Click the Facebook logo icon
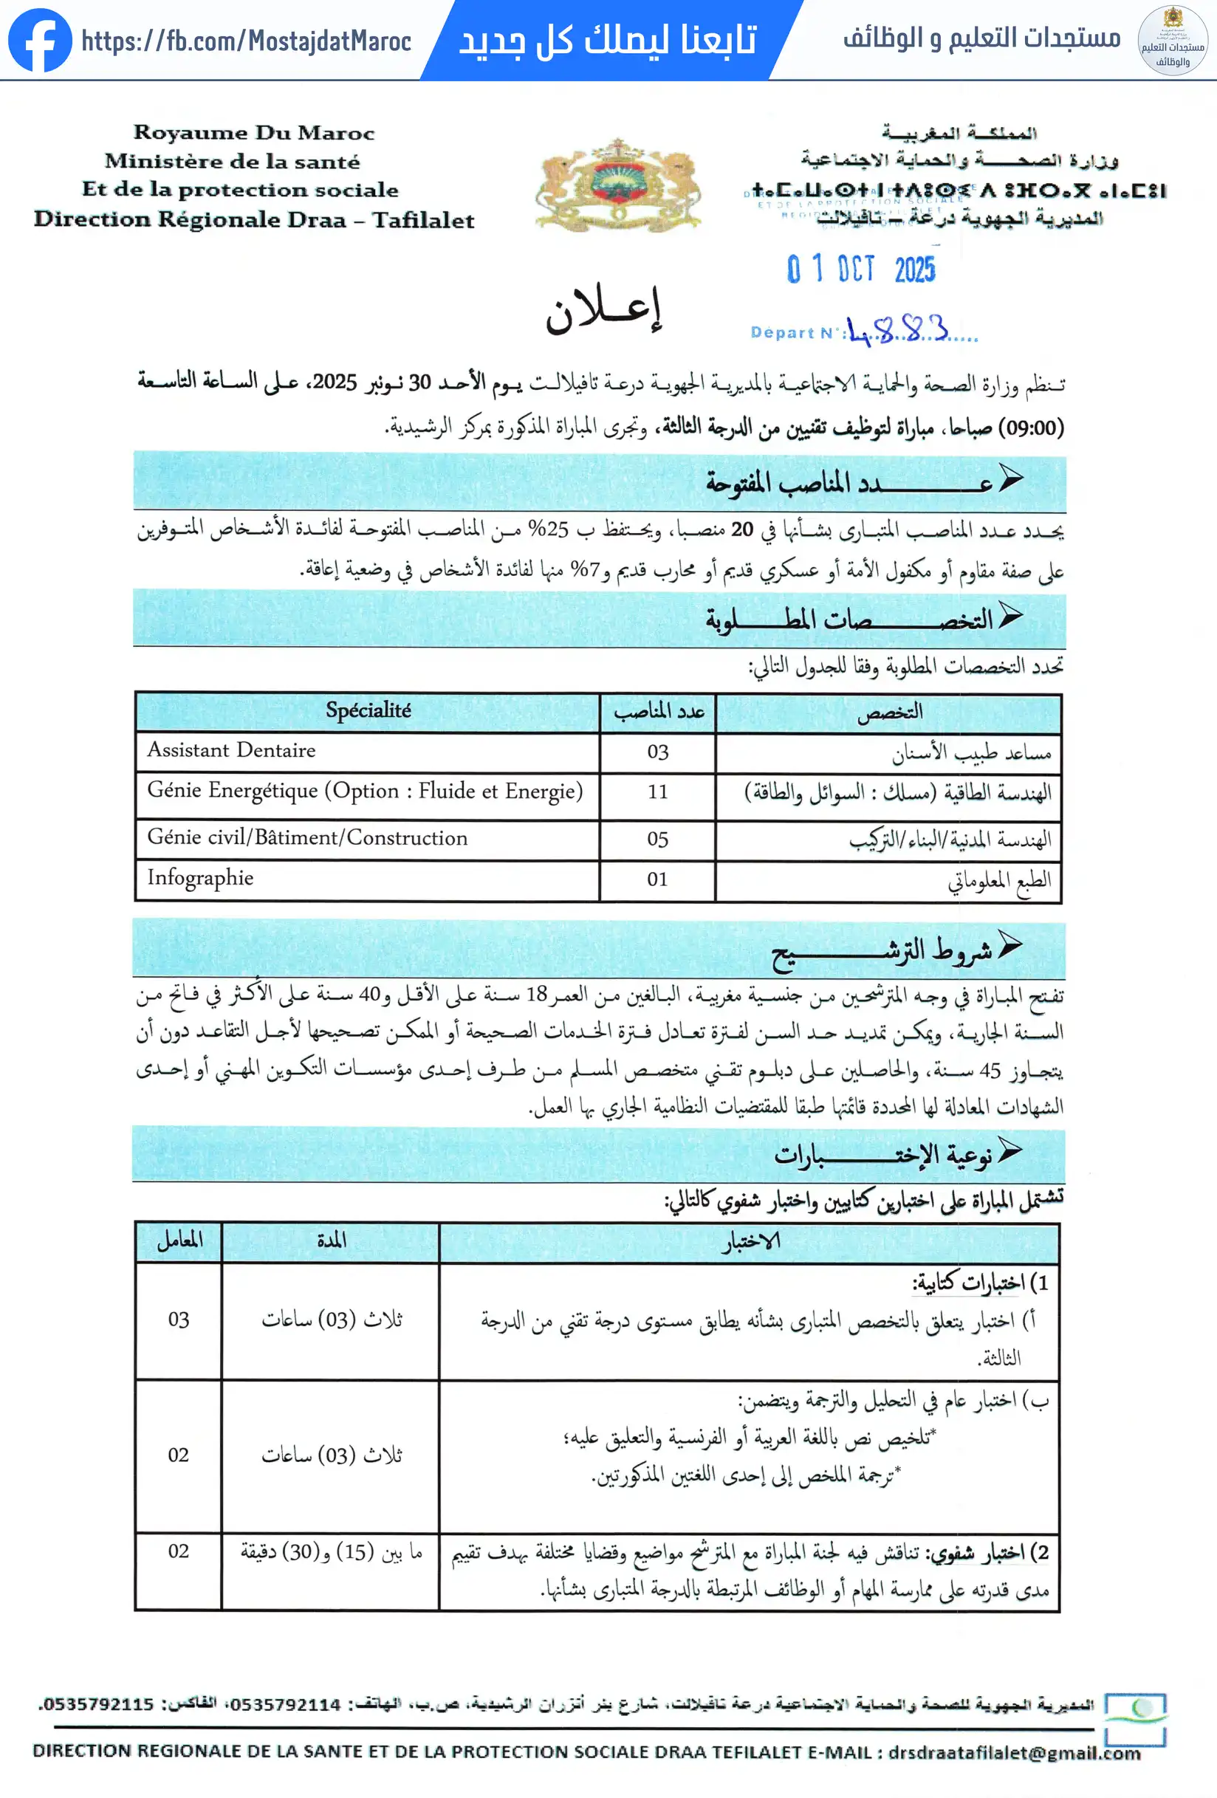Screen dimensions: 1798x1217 click(x=39, y=40)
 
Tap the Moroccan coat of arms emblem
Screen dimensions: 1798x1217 click(x=617, y=184)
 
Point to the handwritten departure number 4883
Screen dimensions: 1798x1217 click(x=897, y=330)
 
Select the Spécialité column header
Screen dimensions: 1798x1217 click(x=368, y=710)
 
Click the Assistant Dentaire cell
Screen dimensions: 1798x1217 click(x=231, y=750)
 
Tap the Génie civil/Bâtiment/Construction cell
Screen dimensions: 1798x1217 click(x=307, y=838)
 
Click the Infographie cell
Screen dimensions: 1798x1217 click(x=200, y=878)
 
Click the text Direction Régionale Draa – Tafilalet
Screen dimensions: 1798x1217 click(x=254, y=220)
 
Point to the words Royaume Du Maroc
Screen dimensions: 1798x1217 click(x=254, y=132)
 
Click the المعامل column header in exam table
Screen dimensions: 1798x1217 click(x=179, y=1241)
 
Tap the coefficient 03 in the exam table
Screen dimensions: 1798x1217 click(x=179, y=1320)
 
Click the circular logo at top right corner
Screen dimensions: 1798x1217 click(x=1172, y=40)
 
